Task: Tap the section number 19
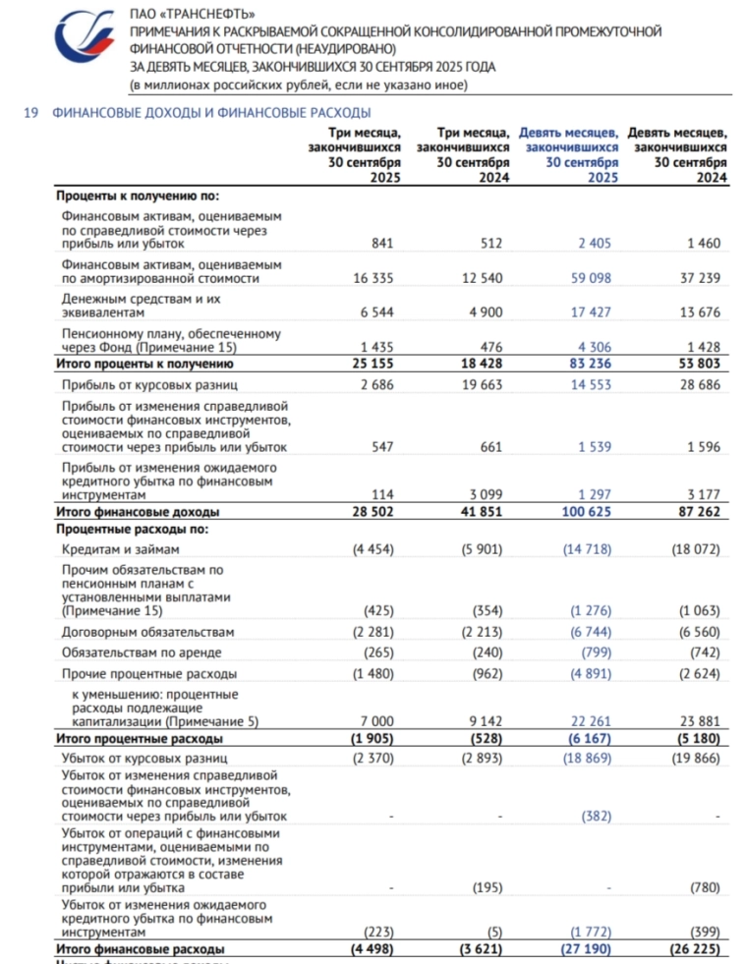(30, 113)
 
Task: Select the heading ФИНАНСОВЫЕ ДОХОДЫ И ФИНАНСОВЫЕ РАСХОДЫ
(211, 113)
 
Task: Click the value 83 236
(589, 364)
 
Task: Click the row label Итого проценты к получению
(137, 364)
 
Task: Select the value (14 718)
(587, 549)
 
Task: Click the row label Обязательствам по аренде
(142, 652)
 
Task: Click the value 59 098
(589, 278)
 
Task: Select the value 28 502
(373, 512)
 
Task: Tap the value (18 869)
(587, 759)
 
